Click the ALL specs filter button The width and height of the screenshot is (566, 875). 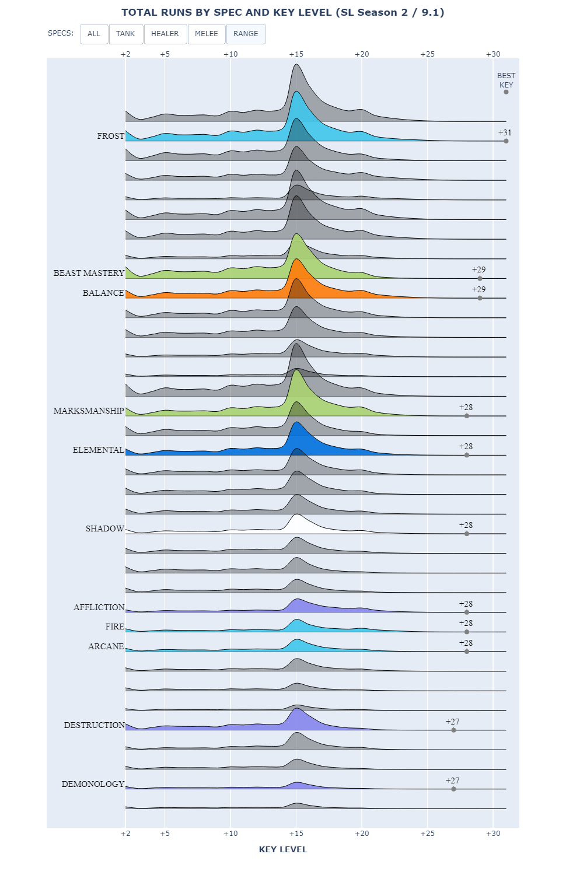[94, 34]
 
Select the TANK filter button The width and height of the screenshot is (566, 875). [125, 34]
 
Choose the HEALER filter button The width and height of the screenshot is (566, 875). [165, 34]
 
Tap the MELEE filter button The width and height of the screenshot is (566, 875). [207, 34]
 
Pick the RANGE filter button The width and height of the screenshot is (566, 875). [246, 34]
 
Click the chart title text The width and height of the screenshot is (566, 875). [283, 12]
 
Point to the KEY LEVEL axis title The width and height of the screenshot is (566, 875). [283, 849]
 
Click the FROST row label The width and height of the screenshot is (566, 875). [111, 136]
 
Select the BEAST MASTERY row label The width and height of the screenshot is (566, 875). [89, 273]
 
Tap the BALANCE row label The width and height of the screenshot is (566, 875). [103, 293]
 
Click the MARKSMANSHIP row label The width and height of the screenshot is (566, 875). [89, 411]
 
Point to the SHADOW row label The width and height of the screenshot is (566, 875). [105, 528]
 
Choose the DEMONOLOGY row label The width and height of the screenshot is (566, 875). [93, 784]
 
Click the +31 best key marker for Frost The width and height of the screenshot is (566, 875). [506, 141]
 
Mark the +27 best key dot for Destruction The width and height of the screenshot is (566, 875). [453, 730]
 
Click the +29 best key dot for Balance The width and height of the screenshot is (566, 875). [480, 298]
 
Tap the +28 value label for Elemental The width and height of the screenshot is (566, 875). [466, 446]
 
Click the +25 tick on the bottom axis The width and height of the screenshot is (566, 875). [427, 834]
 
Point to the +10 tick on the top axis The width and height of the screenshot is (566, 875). [230, 54]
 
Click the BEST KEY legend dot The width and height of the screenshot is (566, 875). [506, 92]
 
